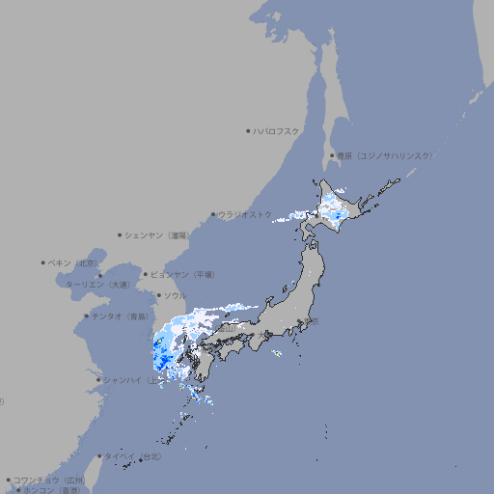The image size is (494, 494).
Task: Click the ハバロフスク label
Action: [277, 131]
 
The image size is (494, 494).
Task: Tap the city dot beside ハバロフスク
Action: [248, 131]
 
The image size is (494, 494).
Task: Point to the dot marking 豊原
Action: [332, 155]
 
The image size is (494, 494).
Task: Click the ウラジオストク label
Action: [246, 214]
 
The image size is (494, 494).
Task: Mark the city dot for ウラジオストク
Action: [213, 215]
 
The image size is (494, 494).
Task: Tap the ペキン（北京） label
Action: [74, 262]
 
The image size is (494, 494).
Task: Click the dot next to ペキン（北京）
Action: [43, 262]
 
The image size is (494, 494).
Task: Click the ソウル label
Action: [175, 295]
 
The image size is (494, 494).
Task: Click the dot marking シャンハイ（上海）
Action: [99, 380]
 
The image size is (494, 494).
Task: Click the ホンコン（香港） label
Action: [53, 490]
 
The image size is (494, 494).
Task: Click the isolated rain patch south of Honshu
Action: [277, 354]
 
